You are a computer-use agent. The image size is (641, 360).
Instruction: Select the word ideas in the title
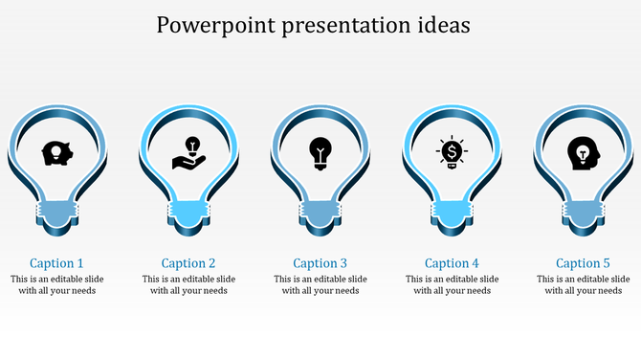click(x=439, y=26)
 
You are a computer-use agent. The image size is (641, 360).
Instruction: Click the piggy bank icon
click(x=57, y=152)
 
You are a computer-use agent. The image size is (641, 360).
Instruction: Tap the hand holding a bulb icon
click(x=188, y=152)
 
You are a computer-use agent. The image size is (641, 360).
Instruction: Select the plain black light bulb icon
click(x=320, y=152)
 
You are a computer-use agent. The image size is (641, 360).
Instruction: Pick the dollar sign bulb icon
click(x=451, y=152)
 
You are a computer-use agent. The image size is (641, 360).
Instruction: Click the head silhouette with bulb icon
click(x=582, y=152)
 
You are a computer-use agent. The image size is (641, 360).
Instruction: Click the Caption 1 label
click(x=57, y=263)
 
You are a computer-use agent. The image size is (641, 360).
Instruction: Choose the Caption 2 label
click(x=188, y=263)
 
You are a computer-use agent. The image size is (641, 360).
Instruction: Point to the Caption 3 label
click(x=320, y=263)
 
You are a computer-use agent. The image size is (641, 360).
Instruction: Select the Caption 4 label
click(x=452, y=263)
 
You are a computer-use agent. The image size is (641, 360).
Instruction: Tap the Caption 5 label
click(x=583, y=263)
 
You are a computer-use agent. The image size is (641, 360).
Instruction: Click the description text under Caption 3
click(x=320, y=285)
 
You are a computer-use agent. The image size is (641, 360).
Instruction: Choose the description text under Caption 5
click(x=583, y=285)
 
